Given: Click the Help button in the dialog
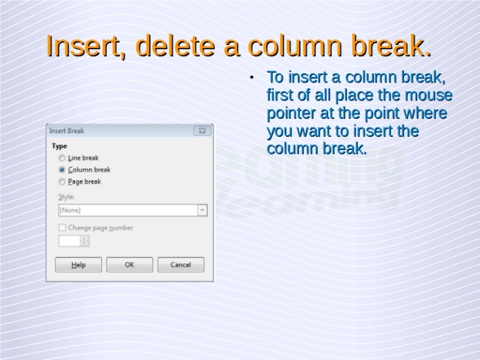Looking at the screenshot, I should pos(78,265).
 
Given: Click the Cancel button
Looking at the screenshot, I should pos(181,265).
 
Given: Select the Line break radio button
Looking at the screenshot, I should pos(62,158).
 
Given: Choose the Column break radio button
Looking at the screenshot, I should pos(62,169).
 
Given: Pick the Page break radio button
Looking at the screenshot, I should pos(62,182).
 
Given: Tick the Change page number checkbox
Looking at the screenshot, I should pos(62,228).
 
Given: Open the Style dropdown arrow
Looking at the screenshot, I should pos(202,210).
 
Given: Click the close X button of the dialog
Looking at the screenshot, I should pos(202,131).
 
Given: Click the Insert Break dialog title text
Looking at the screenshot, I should pos(67,131).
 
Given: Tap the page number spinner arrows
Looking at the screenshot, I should pos(84,241).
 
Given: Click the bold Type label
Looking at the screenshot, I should pos(59,146).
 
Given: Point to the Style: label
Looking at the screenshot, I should pos(66,197).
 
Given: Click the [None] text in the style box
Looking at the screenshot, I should pos(70,210).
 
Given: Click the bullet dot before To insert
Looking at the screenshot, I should pos(249,78).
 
